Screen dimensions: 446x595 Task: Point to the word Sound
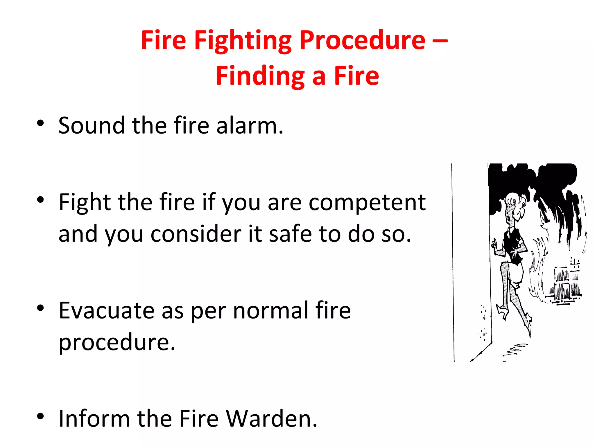(92, 125)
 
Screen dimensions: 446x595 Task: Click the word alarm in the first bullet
(249, 125)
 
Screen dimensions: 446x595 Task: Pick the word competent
(367, 203)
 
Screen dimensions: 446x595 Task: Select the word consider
(196, 234)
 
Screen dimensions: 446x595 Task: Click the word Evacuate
(106, 311)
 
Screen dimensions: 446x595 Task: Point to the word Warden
(271, 419)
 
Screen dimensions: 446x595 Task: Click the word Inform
(94, 419)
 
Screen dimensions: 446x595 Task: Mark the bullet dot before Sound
(40, 123)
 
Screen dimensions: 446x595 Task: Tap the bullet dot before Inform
(40, 416)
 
